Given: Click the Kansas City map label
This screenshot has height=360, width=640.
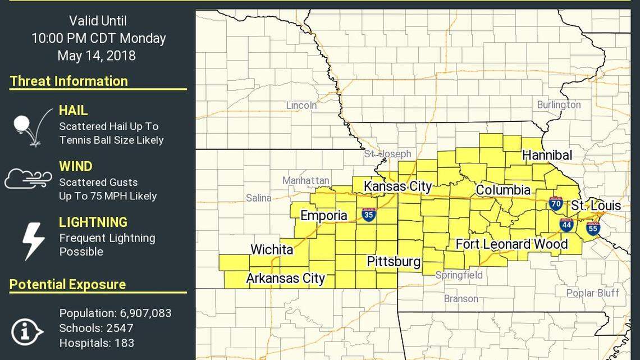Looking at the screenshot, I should coord(397,186).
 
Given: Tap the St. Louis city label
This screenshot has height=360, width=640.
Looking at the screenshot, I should coord(596,206).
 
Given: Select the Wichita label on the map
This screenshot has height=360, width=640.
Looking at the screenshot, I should coord(272,249).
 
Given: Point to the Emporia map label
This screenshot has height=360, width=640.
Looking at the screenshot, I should coord(324,216).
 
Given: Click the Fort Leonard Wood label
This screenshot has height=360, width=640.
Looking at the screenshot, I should coord(511,244).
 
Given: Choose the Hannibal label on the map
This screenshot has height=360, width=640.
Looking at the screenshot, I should coord(547,155).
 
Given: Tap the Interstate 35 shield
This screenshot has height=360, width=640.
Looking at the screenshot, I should coord(368,215).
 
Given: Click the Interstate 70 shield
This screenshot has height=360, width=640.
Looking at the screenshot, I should coord(556,203).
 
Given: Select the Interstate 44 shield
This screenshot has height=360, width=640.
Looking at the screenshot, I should coord(565,225).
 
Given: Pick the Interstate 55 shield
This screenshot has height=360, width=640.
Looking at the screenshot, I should coord(593,227).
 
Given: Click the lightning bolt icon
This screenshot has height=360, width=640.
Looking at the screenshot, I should coord(33,240).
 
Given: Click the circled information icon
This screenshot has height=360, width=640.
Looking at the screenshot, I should coord(26,332).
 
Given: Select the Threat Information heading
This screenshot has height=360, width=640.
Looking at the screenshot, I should coord(69,81).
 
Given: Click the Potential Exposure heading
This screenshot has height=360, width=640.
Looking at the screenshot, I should coord(67,285).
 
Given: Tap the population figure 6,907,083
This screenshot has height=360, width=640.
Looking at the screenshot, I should coord(145,313).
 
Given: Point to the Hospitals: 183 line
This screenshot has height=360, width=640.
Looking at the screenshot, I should coord(97,343).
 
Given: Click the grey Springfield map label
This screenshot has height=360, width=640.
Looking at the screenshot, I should coord(459,275).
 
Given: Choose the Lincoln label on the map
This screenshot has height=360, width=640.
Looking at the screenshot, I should coord(301,105).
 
